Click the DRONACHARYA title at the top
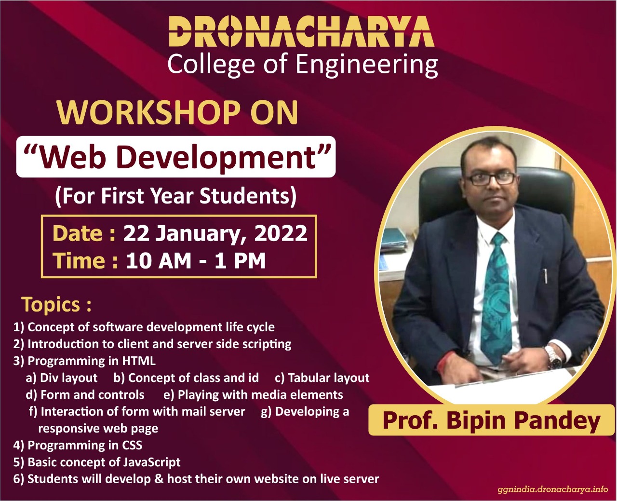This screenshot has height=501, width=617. click(302, 31)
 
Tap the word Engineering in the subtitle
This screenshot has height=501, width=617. click(366, 66)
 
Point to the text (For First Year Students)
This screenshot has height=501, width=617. click(176, 196)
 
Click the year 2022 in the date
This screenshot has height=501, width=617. click(281, 233)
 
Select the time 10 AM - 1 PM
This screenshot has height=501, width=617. click(196, 261)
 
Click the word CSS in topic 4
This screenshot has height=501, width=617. click(132, 445)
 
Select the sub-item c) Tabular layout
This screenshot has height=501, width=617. click(322, 378)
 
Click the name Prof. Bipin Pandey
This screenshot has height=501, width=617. click(491, 421)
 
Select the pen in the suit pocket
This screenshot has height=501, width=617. click(545, 276)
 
